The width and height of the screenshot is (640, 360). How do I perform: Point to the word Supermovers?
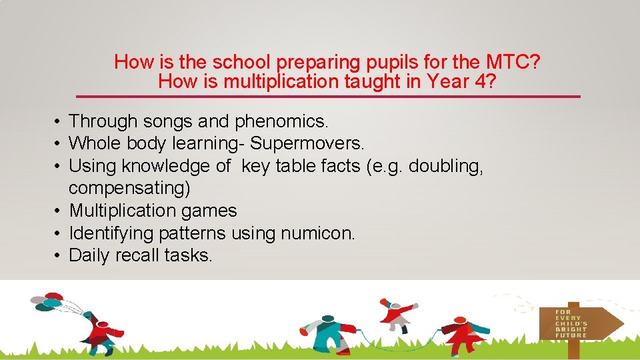click(307, 143)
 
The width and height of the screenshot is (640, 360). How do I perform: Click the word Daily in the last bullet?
click(90, 255)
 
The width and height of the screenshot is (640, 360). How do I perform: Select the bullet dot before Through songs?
click(59, 121)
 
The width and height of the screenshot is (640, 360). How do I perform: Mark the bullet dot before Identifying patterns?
click(59, 233)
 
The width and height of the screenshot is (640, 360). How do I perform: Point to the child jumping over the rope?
click(399, 314)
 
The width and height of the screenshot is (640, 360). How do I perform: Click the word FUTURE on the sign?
click(571, 335)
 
